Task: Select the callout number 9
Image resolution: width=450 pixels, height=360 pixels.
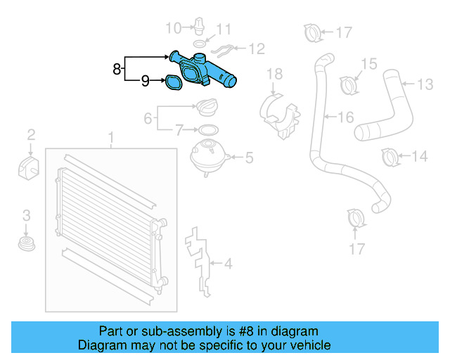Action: point(145,81)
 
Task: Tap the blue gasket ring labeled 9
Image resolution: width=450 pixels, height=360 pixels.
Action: point(172,84)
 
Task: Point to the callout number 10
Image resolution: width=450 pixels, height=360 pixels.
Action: point(173,28)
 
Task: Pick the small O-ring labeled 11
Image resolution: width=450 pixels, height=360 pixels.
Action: point(199,44)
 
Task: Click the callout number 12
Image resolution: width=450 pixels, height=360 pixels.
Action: point(257,49)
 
